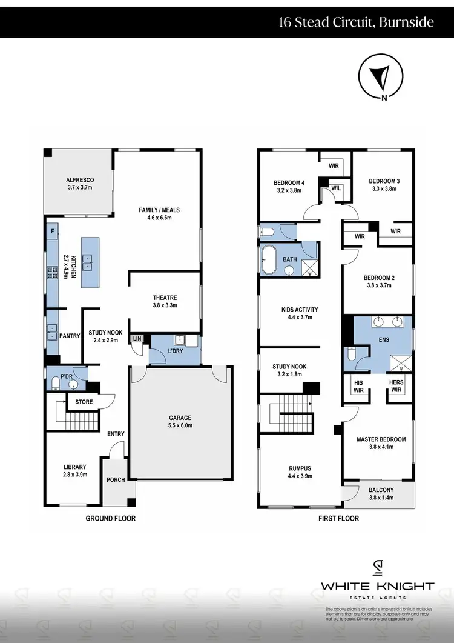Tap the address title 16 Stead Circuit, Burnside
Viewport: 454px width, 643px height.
[356, 23]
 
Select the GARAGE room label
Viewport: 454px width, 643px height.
[180, 418]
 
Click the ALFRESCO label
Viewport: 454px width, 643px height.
[80, 180]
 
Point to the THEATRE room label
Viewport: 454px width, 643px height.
[164, 298]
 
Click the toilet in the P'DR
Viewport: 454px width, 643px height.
[55, 382]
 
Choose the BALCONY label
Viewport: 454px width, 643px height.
[381, 490]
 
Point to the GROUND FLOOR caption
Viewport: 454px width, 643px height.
[110, 518]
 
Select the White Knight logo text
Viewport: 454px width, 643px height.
[377, 586]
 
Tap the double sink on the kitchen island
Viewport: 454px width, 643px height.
[88, 262]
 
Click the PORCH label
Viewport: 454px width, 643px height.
[115, 479]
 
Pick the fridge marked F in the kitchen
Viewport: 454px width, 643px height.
[53, 232]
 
